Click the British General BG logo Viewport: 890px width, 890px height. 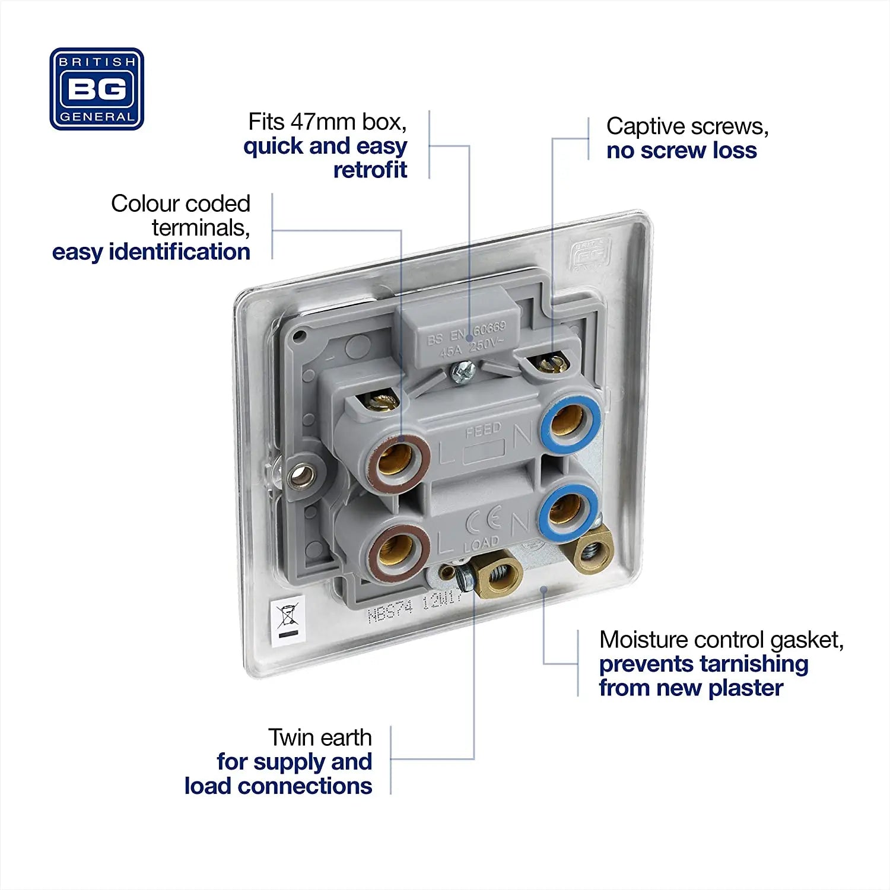(x=97, y=89)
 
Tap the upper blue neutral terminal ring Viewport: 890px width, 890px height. (x=570, y=422)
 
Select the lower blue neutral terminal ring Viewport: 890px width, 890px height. (x=566, y=510)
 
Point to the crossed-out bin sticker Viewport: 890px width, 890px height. (x=288, y=620)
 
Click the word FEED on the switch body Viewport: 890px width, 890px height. (x=483, y=430)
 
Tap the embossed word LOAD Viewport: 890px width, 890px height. (x=481, y=544)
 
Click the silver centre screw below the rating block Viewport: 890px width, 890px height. (x=462, y=373)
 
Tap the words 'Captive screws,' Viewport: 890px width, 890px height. (x=687, y=126)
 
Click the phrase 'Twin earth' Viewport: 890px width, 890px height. (x=320, y=738)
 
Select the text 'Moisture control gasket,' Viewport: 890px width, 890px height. (x=721, y=640)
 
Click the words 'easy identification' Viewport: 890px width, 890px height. (x=151, y=252)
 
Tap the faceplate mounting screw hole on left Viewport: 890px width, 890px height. (x=300, y=474)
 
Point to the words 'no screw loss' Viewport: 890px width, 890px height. (x=681, y=151)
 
